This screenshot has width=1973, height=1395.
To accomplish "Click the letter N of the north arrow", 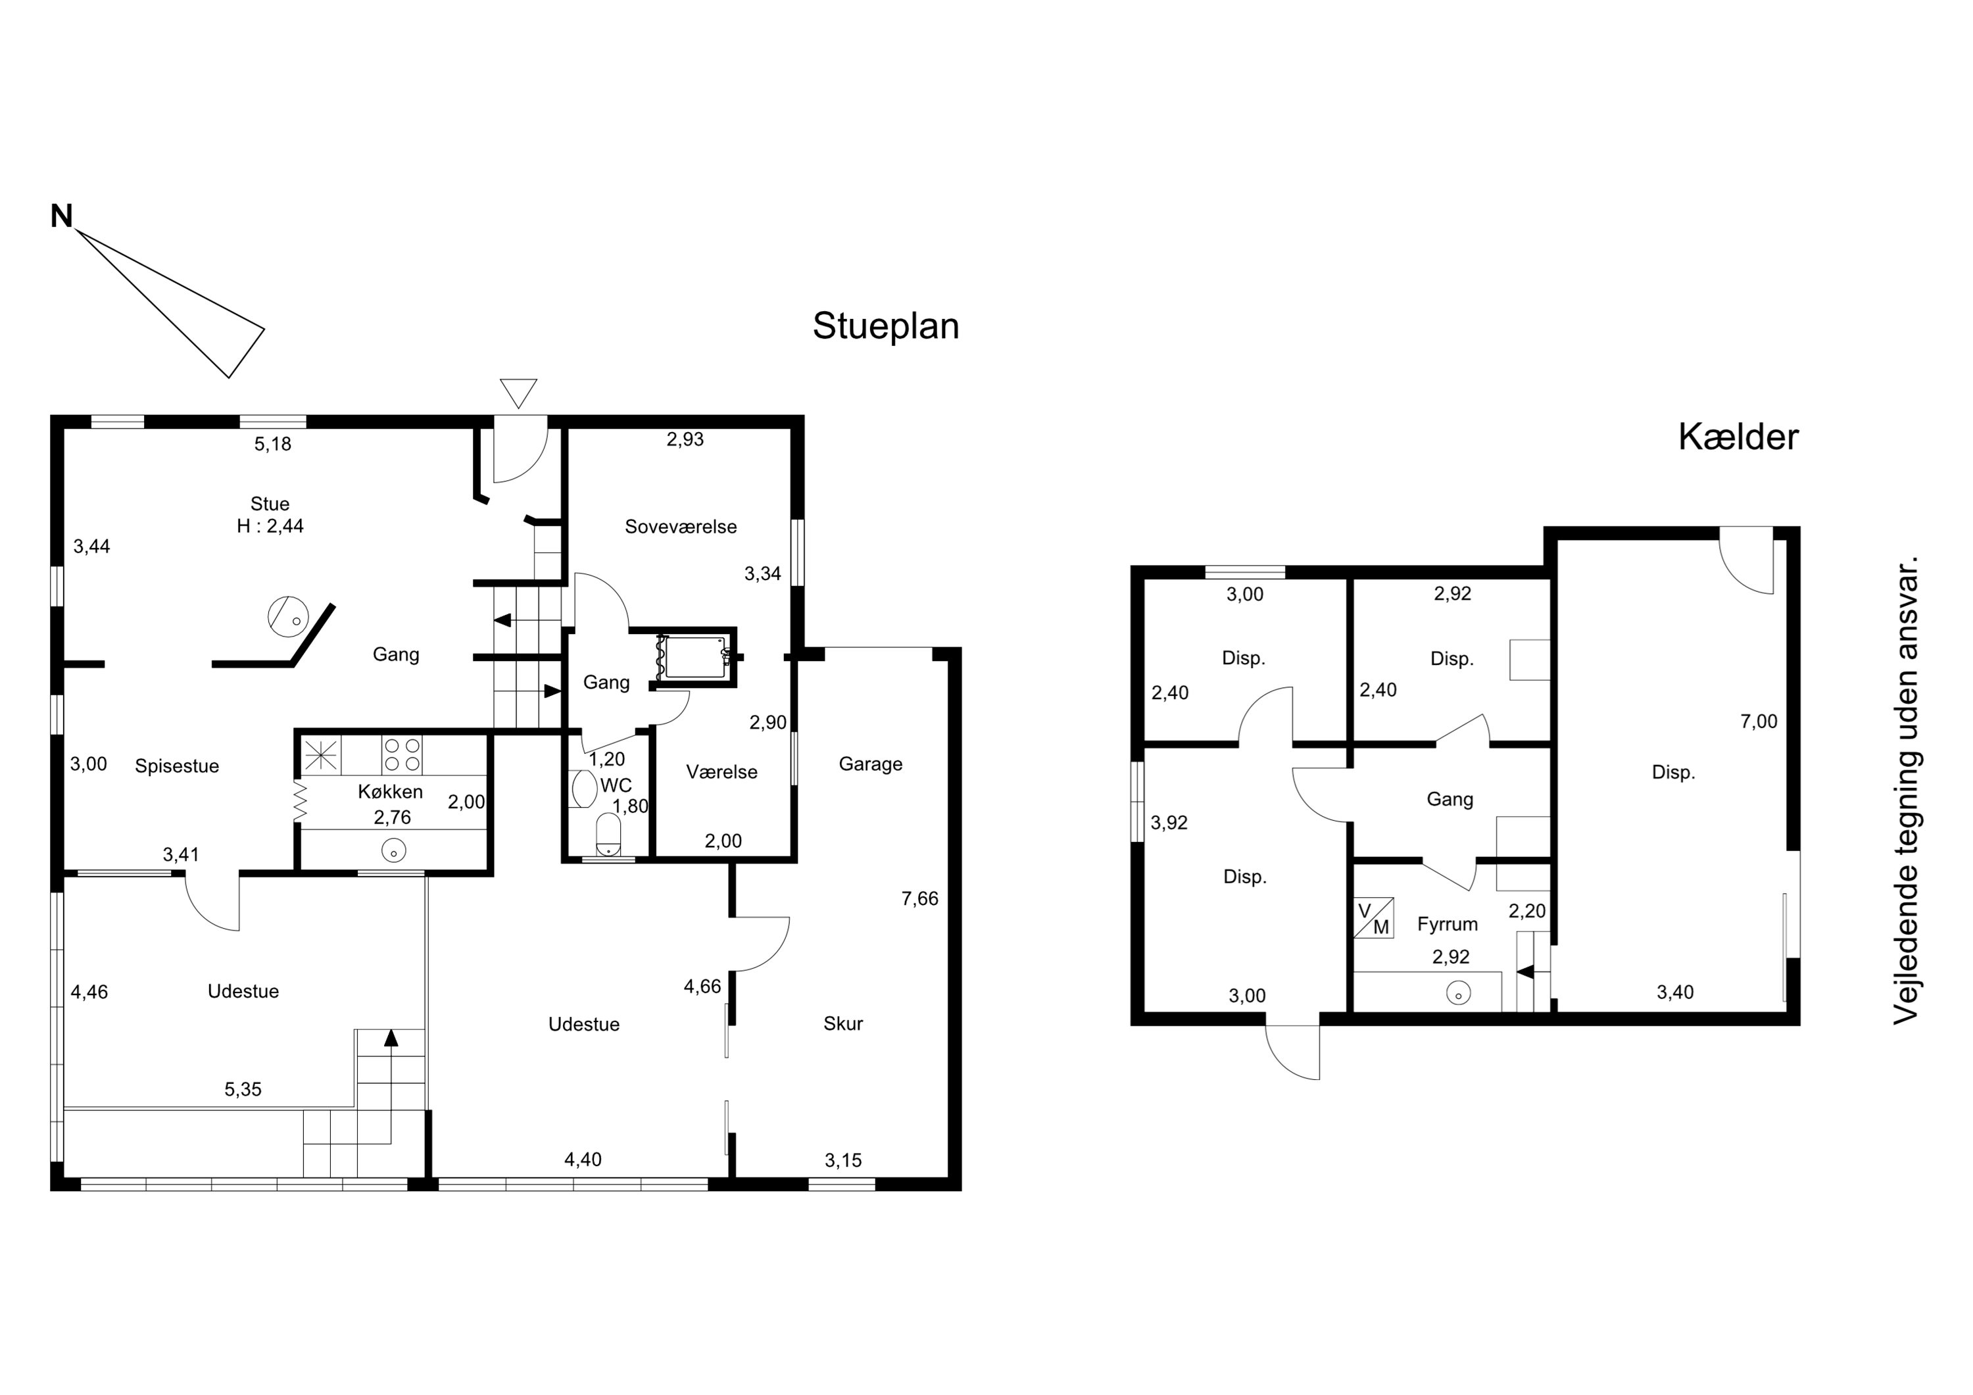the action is point(61,216).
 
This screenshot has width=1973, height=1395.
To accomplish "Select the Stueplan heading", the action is point(886,328).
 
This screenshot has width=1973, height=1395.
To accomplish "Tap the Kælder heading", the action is point(1738,437).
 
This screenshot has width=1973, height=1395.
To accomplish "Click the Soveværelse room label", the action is point(681,527).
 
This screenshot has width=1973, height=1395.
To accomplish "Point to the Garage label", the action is point(871,765).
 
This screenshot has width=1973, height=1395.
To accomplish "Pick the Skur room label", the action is point(843,1023).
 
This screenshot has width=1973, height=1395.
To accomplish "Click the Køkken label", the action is point(390,793).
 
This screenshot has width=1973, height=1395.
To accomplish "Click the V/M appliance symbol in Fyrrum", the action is point(1373,918).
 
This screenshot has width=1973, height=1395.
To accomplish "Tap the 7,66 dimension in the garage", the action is point(919,899).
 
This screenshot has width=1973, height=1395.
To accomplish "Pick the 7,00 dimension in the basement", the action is point(1759,722).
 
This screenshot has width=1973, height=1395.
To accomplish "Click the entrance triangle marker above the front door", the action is point(518,393).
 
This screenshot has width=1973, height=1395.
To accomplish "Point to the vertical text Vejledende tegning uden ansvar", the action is point(1906,791).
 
